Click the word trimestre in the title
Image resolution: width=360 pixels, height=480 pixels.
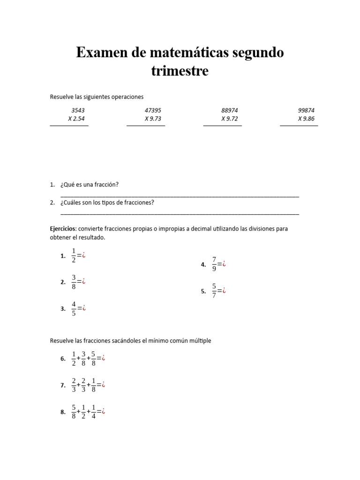click(180, 72)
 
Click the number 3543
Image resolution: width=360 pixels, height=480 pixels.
click(78, 110)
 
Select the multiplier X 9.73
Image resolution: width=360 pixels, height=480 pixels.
click(153, 119)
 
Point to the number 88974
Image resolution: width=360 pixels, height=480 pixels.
click(230, 110)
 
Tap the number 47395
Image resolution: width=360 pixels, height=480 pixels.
click(153, 110)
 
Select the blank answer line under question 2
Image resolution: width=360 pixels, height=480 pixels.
click(180, 213)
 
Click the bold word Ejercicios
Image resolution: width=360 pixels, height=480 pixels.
click(63, 229)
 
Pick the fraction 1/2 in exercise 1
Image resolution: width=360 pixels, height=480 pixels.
click(74, 255)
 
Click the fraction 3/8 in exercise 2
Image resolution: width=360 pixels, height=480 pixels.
click(74, 282)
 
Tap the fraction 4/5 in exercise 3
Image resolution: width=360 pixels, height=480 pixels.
click(74, 308)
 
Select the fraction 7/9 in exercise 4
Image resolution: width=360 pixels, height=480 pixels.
click(214, 264)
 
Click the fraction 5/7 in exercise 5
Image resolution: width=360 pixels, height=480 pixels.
click(214, 291)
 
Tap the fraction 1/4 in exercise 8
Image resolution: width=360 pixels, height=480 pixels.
click(94, 412)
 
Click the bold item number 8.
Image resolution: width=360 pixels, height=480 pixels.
click(63, 412)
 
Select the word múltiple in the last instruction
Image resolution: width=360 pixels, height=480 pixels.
click(201, 341)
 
